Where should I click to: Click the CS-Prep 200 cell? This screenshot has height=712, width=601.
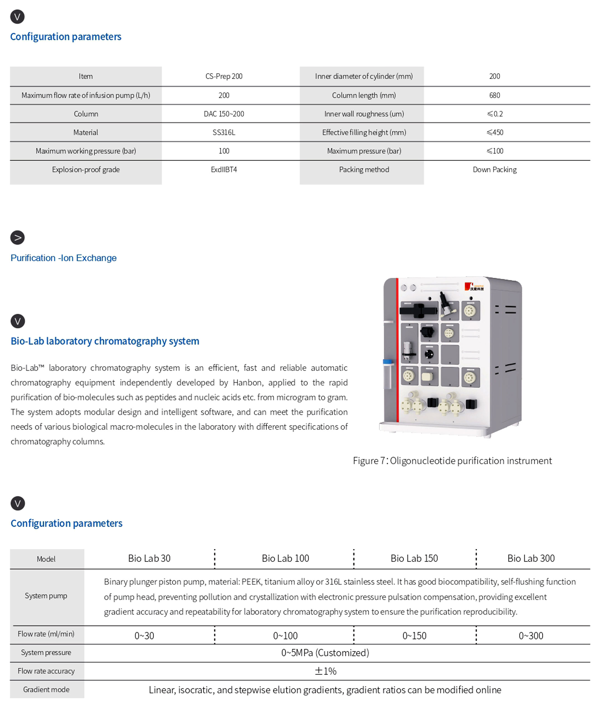coord(224,76)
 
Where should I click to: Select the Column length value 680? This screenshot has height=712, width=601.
coord(494,95)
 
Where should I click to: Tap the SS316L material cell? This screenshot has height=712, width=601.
coord(224,132)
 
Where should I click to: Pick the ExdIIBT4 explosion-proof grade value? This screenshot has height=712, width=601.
coord(224,170)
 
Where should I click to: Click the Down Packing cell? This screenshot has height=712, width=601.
coord(494,170)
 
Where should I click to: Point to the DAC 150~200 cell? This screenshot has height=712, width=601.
coord(224,114)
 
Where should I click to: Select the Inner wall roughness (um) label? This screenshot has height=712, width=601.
coord(364,114)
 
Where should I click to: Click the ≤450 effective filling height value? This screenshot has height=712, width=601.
coord(494,132)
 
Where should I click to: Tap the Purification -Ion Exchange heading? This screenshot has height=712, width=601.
coord(63,258)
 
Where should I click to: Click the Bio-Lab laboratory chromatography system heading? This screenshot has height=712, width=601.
coord(105,341)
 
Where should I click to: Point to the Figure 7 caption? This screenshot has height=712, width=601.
coord(452,461)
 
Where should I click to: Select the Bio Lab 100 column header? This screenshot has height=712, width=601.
coord(285,558)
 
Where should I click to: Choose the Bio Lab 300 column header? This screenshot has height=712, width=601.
coord(531,558)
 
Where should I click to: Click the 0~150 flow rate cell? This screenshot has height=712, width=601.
coord(414,636)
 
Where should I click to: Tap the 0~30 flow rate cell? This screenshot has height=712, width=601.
coord(144,636)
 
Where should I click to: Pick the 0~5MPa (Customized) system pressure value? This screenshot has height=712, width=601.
coord(325,653)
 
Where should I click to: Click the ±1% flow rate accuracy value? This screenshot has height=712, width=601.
coord(325,671)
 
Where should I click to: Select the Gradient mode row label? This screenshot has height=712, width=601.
coord(46,689)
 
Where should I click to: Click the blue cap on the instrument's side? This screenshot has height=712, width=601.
coord(387,362)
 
